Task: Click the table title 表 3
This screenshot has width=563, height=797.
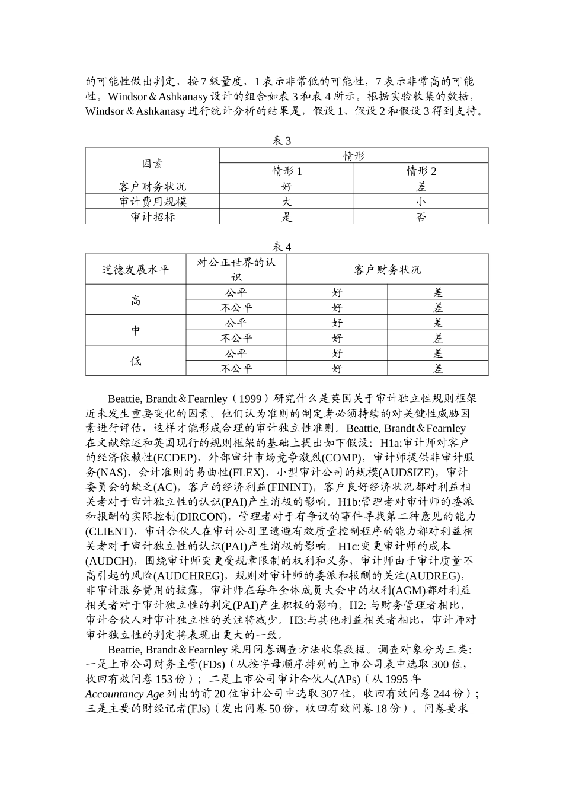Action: pyautogui.click(x=281, y=141)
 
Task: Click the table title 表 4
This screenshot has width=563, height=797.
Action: pyautogui.click(x=281, y=247)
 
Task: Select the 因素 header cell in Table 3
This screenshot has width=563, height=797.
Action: pyautogui.click(x=152, y=164)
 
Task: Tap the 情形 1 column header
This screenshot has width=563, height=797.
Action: pyautogui.click(x=287, y=171)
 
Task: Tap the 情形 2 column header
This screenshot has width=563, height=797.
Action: pyautogui.click(x=421, y=171)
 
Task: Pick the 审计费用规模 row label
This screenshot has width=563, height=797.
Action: pyautogui.click(x=152, y=202)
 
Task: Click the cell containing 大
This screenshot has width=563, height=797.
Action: pyautogui.click(x=287, y=202)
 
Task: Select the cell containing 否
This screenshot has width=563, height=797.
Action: pyautogui.click(x=421, y=217)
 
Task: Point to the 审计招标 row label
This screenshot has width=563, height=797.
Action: pyautogui.click(x=152, y=217)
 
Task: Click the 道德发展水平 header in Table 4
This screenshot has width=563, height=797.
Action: pyautogui.click(x=136, y=270)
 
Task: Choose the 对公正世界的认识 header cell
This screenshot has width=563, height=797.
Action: pyautogui.click(x=236, y=270)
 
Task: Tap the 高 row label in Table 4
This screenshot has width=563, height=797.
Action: pyautogui.click(x=136, y=300)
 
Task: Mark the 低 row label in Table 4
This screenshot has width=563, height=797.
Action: pyautogui.click(x=136, y=361)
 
